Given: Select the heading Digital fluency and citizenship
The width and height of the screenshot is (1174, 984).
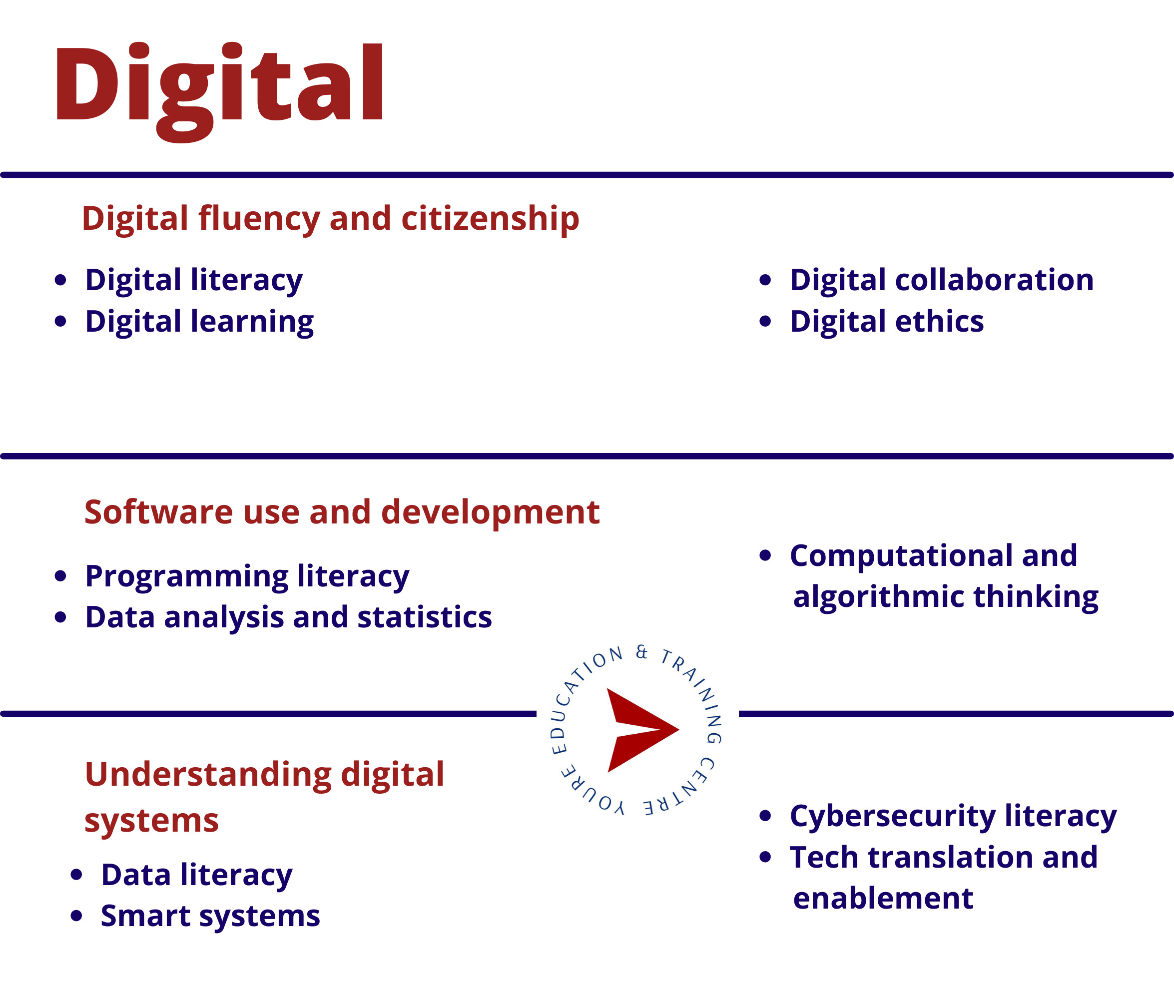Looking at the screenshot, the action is [x=330, y=219].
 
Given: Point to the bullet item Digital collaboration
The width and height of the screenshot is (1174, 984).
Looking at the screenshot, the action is [x=941, y=280].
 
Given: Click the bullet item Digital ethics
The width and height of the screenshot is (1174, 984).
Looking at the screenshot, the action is [x=887, y=322].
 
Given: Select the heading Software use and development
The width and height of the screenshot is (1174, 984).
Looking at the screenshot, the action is [x=342, y=512].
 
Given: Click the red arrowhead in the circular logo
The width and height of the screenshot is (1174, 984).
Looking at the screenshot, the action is [x=641, y=730].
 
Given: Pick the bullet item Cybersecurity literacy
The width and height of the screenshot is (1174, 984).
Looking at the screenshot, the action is [x=953, y=817].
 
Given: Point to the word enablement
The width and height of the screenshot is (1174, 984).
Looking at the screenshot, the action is [x=883, y=899].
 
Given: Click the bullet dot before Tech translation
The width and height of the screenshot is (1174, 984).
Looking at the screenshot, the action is [x=765, y=857].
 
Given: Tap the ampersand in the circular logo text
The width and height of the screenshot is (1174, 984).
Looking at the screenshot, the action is [x=642, y=652].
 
